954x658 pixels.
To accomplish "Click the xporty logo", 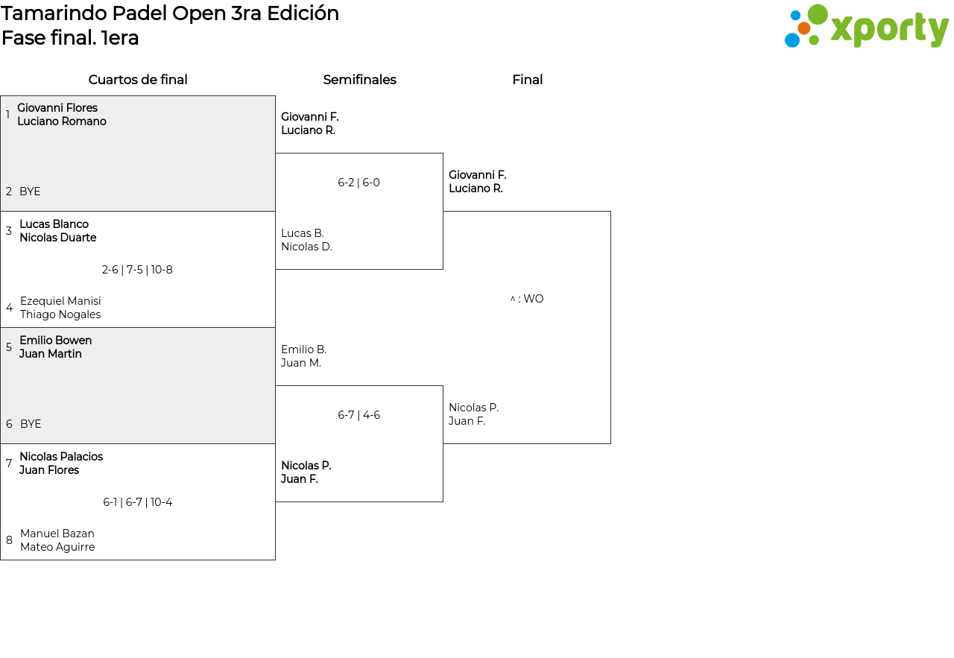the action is point(866,26).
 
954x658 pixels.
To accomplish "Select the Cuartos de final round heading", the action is point(138,80).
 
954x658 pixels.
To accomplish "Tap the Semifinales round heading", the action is point(359,80).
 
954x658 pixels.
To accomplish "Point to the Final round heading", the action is point(527,80).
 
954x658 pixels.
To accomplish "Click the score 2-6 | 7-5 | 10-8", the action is point(137,270).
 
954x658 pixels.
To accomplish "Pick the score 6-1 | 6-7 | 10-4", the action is point(138,502).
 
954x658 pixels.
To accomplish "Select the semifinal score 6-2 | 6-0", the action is point(358,183).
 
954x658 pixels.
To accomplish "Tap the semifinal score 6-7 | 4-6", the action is point(358,415).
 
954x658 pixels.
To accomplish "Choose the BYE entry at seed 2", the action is point(30,192).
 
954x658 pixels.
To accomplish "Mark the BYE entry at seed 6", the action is point(31,424).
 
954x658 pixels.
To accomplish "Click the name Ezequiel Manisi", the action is point(60,300).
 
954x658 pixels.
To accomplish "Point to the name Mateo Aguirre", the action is point(57,547).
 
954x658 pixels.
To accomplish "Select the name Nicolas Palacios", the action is point(61,457).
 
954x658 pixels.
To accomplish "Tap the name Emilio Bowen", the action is point(56,341).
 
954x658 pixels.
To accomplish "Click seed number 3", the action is point(8,231).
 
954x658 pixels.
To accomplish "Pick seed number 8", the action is point(9,540).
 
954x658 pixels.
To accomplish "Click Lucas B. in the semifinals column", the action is point(303,233).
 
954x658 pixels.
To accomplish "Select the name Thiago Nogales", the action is point(60,314).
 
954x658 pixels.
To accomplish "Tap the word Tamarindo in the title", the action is point(54,13).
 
